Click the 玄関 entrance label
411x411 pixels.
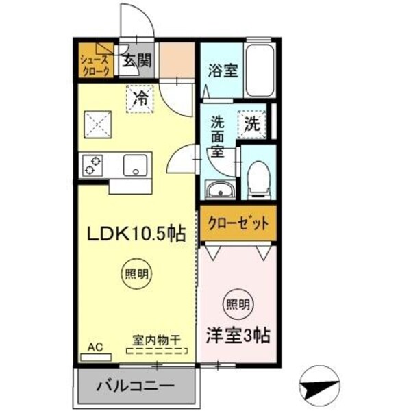coord(136,62)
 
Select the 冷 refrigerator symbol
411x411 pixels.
coord(140,98)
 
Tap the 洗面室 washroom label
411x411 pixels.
coord(217,137)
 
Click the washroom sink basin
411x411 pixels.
coord(219,190)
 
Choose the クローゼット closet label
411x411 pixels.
coord(238,223)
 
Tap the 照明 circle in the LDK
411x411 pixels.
coord(135,274)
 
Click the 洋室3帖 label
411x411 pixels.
coord(238,335)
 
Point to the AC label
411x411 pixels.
coord(95,347)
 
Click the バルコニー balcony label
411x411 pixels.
coord(135,385)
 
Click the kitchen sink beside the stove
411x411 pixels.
coord(135,165)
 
